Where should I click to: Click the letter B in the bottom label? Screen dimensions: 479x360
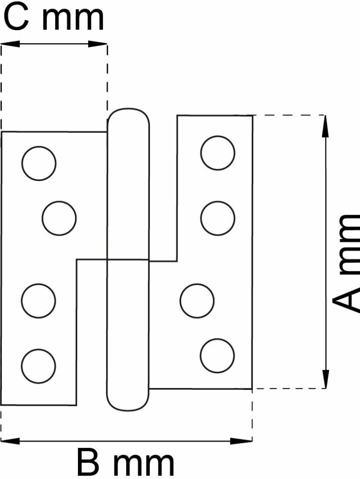pyautogui.click(x=90, y=463)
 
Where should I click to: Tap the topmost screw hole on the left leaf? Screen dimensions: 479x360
pyautogui.click(x=39, y=163)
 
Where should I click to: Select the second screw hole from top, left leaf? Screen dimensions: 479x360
pyautogui.click(x=59, y=218)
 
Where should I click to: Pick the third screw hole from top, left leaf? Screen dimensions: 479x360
pyautogui.click(x=38, y=301)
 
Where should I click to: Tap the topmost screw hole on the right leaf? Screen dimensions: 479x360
pyautogui.click(x=218, y=153)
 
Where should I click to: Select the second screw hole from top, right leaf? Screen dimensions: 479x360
pyautogui.click(x=218, y=218)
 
